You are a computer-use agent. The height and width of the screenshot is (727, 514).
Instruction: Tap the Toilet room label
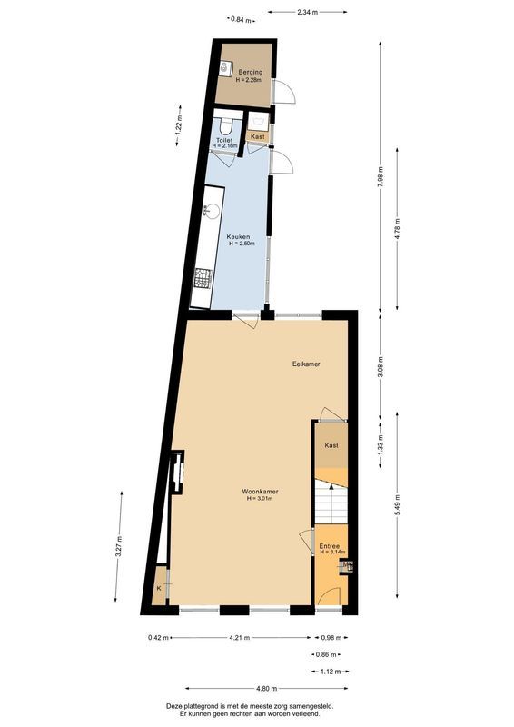coord(224,142)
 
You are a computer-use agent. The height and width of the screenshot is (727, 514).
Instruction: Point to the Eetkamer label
coord(306,363)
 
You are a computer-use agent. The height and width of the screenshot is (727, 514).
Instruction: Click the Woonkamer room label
coord(260,492)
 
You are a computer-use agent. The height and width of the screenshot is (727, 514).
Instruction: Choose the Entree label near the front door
coord(329,546)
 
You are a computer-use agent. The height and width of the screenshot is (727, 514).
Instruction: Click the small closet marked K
coord(159,589)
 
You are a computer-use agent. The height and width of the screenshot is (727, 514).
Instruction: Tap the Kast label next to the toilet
coord(258,137)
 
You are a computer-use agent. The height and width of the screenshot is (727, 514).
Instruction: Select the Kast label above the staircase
coord(331,445)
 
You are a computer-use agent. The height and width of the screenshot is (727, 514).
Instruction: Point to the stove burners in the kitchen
coord(203,276)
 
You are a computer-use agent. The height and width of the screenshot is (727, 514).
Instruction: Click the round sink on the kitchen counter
coord(208,211)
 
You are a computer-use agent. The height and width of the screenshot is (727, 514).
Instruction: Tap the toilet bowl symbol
coord(224,125)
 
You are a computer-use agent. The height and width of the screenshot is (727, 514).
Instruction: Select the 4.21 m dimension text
coord(238,637)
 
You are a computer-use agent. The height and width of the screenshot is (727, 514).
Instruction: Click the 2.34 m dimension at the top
coord(307,13)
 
